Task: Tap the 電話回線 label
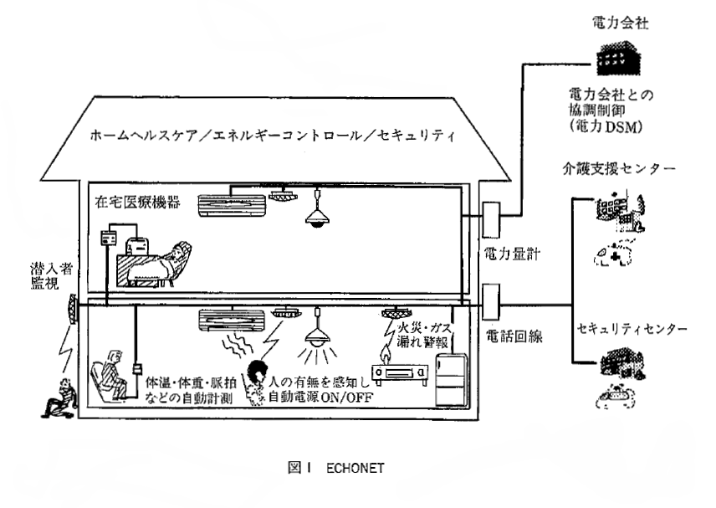(x=513, y=336)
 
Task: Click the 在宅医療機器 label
(x=131, y=203)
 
